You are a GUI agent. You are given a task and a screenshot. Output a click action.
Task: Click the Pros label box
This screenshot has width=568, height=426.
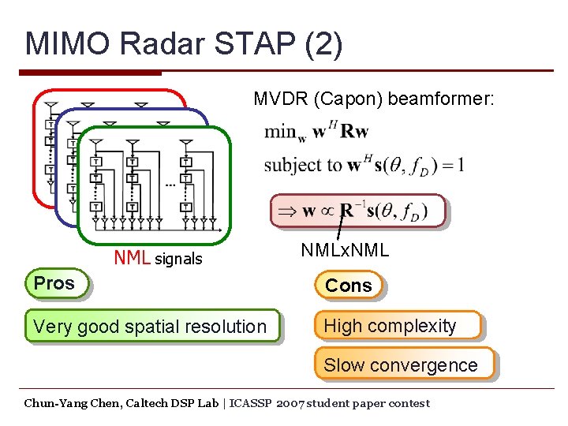[55, 284]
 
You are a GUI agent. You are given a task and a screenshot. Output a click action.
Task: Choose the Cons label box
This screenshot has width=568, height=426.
[348, 286]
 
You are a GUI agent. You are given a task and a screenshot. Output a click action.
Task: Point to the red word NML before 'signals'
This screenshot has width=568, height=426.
[133, 259]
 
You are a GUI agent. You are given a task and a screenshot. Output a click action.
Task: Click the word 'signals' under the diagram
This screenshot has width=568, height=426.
[178, 260]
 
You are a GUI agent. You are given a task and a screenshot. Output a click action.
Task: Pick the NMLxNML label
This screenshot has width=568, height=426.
[345, 251]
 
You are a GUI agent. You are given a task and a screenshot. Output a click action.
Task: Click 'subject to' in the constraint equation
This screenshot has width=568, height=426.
[302, 166]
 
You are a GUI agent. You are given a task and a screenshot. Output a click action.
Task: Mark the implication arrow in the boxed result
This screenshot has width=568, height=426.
[289, 211]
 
